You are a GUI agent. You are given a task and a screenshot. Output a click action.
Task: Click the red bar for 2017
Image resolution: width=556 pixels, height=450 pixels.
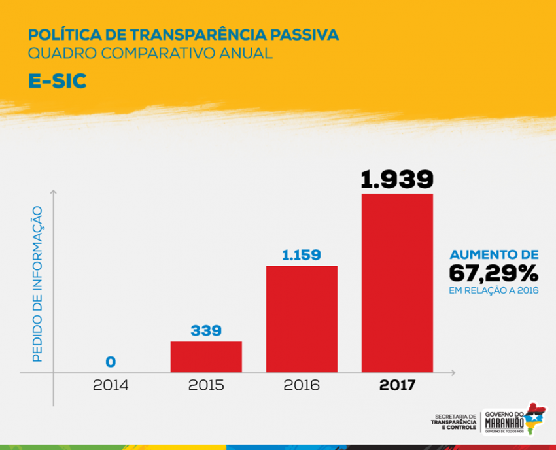click(397, 283)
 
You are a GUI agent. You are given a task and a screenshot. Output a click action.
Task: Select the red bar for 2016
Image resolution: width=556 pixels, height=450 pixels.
click(302, 319)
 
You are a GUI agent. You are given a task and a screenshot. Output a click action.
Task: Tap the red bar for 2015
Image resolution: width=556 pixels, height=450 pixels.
click(206, 356)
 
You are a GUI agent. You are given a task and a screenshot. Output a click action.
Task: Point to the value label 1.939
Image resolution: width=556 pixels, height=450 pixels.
click(397, 180)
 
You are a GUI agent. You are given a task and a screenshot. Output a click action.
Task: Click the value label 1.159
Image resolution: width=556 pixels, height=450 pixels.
click(302, 255)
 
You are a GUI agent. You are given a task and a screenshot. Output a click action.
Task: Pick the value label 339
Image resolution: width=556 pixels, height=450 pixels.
click(206, 330)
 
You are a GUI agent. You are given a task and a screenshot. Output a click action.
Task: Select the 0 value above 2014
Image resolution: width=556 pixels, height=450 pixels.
click(111, 362)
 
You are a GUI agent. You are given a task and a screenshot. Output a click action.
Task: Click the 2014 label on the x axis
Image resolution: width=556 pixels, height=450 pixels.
click(111, 385)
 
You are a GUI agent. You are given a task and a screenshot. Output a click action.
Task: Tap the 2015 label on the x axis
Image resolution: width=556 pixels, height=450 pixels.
click(206, 385)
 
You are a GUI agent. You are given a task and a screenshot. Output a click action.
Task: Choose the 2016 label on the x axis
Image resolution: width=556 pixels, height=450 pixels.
click(302, 385)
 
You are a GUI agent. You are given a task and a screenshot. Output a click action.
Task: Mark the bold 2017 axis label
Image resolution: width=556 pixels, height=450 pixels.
click(397, 385)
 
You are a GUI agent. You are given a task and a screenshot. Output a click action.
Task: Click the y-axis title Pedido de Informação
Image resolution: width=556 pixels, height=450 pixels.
click(37, 284)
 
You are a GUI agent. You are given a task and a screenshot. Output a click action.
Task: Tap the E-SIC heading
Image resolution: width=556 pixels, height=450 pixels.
click(58, 80)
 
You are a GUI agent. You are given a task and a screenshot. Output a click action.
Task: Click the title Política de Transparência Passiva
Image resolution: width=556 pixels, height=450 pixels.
click(184, 34)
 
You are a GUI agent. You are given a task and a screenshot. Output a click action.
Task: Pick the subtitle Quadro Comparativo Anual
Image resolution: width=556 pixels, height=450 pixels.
click(150, 53)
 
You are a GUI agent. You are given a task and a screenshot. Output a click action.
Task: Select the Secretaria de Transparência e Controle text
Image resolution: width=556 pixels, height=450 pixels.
click(455, 422)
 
